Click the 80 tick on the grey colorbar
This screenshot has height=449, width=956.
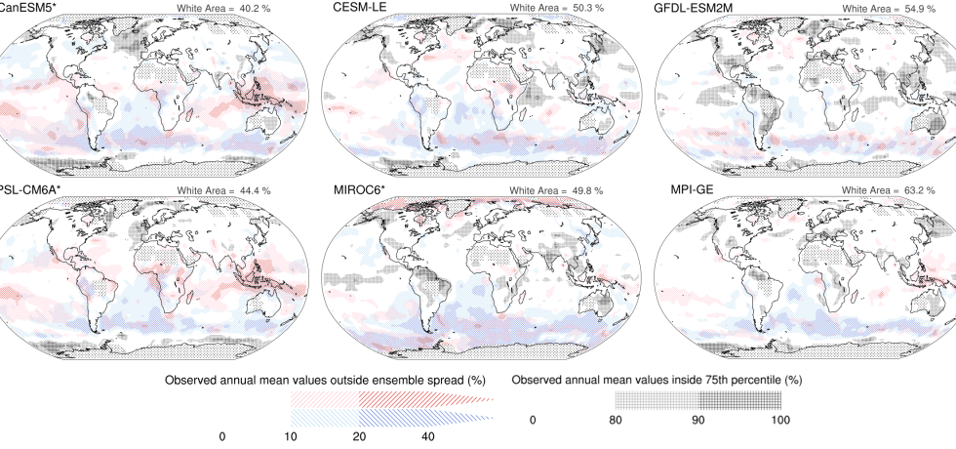click(616, 421)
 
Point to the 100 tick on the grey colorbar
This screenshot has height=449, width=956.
click(780, 421)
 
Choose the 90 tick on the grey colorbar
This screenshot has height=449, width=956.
click(698, 421)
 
